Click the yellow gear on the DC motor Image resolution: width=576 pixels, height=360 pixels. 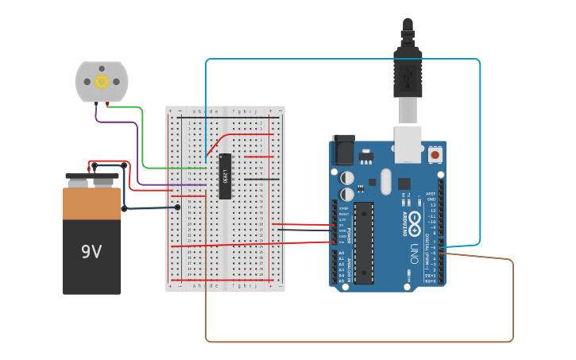click(102, 81)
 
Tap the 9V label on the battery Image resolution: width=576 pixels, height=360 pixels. click(91, 252)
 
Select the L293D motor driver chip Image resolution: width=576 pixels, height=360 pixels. click(225, 176)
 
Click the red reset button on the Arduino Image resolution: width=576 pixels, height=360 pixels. click(435, 154)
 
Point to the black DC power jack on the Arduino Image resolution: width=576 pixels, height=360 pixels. click(343, 149)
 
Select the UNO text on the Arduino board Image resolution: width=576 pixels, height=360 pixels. click(414, 254)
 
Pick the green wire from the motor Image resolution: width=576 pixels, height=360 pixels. click(143, 143)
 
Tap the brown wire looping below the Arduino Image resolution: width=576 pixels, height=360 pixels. click(358, 342)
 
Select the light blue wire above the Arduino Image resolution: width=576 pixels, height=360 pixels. click(342, 59)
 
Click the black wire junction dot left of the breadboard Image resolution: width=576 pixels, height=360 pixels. click(177, 207)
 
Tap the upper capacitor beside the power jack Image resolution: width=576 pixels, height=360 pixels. click(347, 176)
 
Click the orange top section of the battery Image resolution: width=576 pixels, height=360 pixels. click(91, 204)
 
